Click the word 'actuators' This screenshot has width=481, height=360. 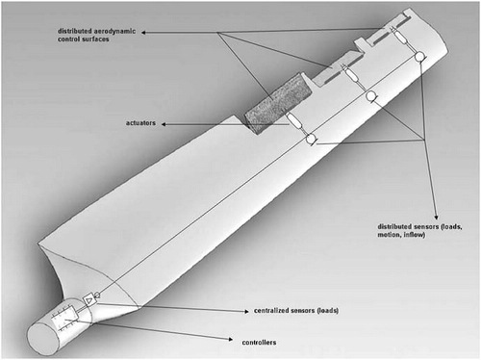[140, 123]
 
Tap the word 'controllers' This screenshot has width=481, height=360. [259, 343]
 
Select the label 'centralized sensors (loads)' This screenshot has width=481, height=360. [296, 311]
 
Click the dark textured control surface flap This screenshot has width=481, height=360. [278, 103]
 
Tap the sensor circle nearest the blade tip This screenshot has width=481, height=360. [419, 57]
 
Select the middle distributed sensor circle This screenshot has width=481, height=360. [371, 95]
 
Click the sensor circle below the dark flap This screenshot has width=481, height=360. [311, 139]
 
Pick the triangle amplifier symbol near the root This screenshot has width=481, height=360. [89, 300]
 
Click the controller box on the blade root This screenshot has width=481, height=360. [65, 318]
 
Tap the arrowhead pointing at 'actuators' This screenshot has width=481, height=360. [164, 124]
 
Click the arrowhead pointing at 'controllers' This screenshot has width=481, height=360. [230, 339]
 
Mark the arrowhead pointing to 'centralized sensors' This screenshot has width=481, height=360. [246, 311]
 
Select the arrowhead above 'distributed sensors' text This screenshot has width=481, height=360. [436, 217]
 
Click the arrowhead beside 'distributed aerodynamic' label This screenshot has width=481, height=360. [143, 33]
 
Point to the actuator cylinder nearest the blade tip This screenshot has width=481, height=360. [401, 38]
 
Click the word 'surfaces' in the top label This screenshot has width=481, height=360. [96, 39]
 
